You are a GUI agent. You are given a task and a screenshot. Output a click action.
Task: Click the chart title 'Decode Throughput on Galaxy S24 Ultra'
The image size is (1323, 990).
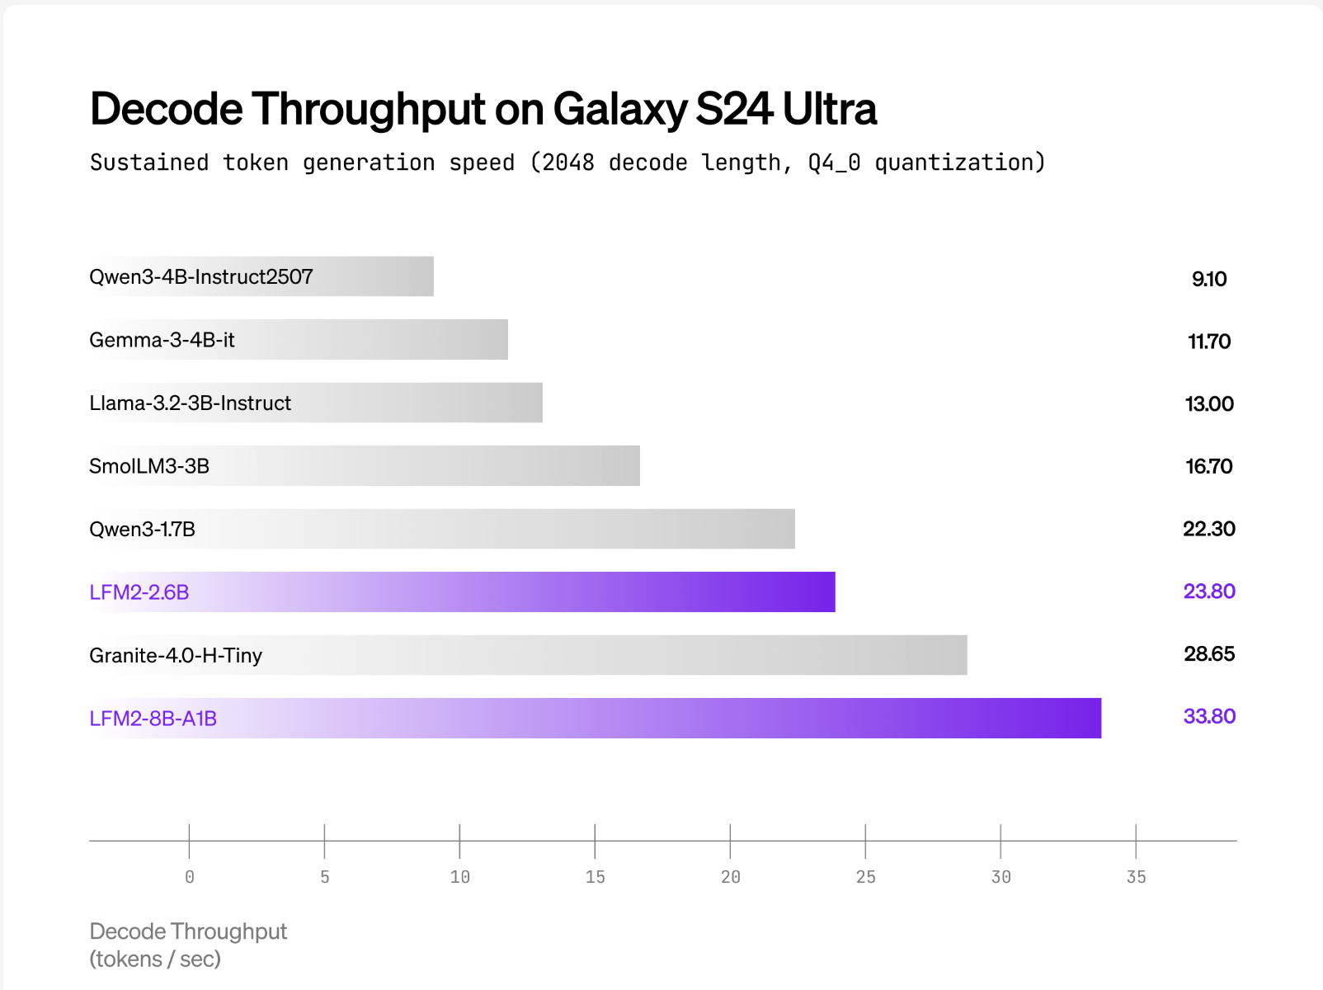483,109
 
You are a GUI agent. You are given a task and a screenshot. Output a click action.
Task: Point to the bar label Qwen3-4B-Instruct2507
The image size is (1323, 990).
201,276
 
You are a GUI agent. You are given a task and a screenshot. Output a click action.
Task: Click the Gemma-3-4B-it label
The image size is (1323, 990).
162,340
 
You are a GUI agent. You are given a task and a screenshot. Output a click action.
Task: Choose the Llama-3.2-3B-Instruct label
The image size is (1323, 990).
190,403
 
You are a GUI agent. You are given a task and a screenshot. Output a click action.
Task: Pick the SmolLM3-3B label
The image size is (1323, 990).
149,466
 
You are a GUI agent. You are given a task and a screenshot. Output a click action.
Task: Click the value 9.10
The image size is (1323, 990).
1209,279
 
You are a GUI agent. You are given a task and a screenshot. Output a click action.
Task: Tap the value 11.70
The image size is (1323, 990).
1209,342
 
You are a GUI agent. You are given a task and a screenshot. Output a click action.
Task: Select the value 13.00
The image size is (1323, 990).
1209,404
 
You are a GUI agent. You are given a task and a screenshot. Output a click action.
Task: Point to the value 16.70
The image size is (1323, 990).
1209,466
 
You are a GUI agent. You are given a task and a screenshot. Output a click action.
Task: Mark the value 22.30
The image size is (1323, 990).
1209,529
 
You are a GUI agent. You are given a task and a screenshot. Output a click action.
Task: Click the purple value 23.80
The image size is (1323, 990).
1209,592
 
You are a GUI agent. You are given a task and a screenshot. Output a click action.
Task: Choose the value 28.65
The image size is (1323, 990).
1209,654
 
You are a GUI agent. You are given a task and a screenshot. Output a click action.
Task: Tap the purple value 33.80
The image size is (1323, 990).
1209,716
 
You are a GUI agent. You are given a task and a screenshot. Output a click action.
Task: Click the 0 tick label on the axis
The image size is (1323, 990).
190,877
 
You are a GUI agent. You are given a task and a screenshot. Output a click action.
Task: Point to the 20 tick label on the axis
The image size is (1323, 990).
730,877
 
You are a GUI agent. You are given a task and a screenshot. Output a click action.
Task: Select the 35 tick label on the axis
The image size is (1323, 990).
1136,877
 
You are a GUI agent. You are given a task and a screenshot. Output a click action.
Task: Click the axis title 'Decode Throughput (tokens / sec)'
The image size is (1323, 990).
188,945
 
